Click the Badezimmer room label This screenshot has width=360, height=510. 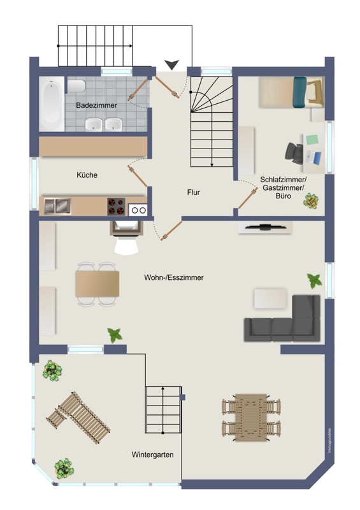click(x=97, y=105)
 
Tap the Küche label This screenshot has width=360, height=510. click(x=87, y=175)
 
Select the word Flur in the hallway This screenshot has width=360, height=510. click(x=194, y=193)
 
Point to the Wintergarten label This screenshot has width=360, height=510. click(x=152, y=455)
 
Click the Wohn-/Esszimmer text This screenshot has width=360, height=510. click(x=174, y=277)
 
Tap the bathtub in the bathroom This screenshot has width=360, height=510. click(x=52, y=104)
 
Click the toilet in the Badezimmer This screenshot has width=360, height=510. click(x=76, y=86)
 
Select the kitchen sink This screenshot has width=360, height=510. click(x=57, y=206)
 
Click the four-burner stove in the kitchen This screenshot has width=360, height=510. click(x=116, y=207)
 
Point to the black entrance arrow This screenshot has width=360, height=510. click(x=171, y=65)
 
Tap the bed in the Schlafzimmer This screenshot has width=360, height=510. click(x=291, y=92)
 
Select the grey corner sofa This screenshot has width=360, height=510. click(x=282, y=318)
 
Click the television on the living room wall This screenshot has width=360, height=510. click(x=264, y=228)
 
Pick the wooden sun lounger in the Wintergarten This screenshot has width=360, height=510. click(x=78, y=418)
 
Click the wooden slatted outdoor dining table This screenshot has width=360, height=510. click(x=251, y=418)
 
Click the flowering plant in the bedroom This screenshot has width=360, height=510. click(x=311, y=201)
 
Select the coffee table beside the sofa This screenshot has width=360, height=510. click(x=270, y=298)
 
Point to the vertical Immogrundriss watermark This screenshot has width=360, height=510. click(x=329, y=441)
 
